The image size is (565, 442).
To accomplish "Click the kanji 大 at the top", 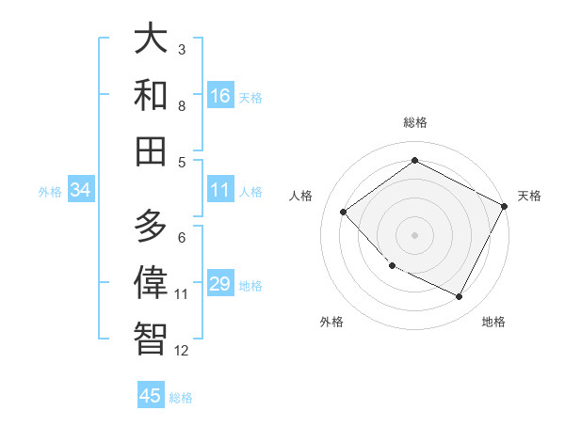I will (152, 40).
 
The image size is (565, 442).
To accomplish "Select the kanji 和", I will (152, 95).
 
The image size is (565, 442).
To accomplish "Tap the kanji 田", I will (152, 150).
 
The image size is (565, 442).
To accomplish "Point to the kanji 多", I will (152, 227).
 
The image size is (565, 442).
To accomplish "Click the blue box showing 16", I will (220, 96).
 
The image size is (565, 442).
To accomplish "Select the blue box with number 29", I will (220, 285).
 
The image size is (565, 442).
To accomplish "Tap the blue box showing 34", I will (81, 191).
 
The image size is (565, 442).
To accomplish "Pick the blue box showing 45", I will (151, 396).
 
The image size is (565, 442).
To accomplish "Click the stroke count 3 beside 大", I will (182, 49).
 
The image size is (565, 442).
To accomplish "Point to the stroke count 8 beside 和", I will (182, 105).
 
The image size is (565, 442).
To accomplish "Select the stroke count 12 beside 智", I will (182, 351).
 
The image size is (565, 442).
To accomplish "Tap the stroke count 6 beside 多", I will (182, 237).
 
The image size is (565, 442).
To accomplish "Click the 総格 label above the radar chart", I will (415, 122).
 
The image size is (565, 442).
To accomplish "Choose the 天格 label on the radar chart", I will (529, 196).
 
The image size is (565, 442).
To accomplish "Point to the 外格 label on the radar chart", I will (331, 322).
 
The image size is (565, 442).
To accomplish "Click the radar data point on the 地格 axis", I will (460, 297).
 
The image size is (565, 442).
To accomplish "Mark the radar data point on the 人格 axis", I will (344, 212).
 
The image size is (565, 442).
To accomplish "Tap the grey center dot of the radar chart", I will (414, 234).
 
